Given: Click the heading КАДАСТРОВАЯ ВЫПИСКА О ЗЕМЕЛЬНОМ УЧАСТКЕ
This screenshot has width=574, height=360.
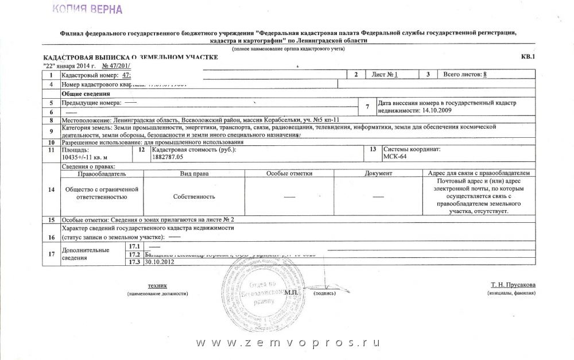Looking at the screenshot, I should pyautogui.click(x=131, y=59).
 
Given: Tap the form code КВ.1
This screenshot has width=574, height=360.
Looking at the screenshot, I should pyautogui.click(x=527, y=57).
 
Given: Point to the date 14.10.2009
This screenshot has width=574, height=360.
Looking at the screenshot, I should pyautogui.click(x=438, y=108).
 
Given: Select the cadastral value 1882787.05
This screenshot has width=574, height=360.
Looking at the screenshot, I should pyautogui.click(x=168, y=156).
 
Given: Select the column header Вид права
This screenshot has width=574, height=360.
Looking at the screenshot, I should pyautogui.click(x=194, y=173).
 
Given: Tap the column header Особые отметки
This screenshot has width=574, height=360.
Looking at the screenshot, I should pyautogui.click(x=289, y=173).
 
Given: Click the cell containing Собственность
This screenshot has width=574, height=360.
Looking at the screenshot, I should pyautogui.click(x=194, y=196).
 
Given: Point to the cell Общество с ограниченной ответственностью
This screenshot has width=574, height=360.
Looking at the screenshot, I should pyautogui.click(x=102, y=192).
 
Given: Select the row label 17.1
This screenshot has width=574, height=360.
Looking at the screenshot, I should pyautogui.click(x=135, y=246).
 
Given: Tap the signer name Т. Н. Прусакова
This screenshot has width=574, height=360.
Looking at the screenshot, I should pyautogui.click(x=513, y=285).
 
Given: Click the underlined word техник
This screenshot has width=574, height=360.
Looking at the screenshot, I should pyautogui.click(x=157, y=285).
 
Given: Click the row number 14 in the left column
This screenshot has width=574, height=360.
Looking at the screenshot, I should pyautogui.click(x=52, y=190).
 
